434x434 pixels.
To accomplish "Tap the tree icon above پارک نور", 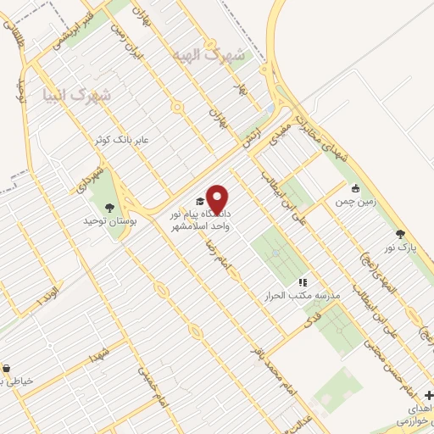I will [x=400, y=235].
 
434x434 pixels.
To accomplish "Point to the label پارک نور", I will [x=400, y=249].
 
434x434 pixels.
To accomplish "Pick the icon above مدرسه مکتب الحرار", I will [x=302, y=282].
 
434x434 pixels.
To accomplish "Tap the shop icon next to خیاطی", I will [x=7, y=368].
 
